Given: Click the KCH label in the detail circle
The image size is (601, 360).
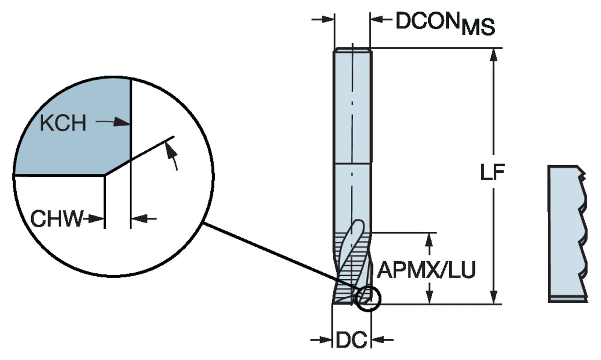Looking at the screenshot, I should [x=63, y=123].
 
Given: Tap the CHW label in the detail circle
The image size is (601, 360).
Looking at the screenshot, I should [x=56, y=218].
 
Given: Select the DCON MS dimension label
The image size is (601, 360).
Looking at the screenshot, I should [x=445, y=23].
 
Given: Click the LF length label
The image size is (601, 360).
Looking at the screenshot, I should [x=492, y=172].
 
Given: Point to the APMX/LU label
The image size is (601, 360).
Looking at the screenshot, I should [x=427, y=270].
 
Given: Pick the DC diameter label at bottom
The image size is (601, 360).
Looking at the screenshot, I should [x=351, y=340].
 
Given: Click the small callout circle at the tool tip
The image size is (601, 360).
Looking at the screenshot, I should [x=368, y=299].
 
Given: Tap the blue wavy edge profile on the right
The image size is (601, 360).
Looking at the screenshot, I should [x=567, y=233].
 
